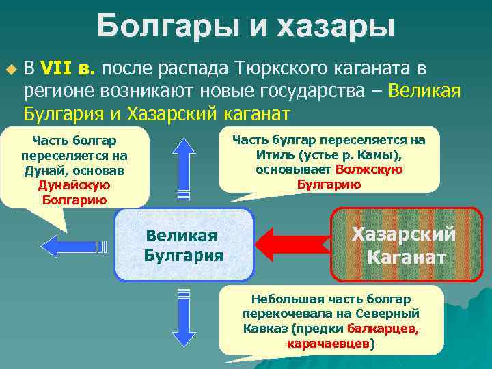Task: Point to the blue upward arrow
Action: pyautogui.click(x=184, y=167)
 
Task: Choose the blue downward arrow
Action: pyautogui.click(x=184, y=322)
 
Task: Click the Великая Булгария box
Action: pyautogui.click(x=184, y=245)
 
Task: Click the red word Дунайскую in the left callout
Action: pyautogui.click(x=74, y=184)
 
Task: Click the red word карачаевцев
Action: pyautogui.click(x=328, y=344)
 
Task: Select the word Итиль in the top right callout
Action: pyautogui.click(x=272, y=155)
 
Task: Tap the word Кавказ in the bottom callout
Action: pyautogui.click(x=262, y=329)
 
